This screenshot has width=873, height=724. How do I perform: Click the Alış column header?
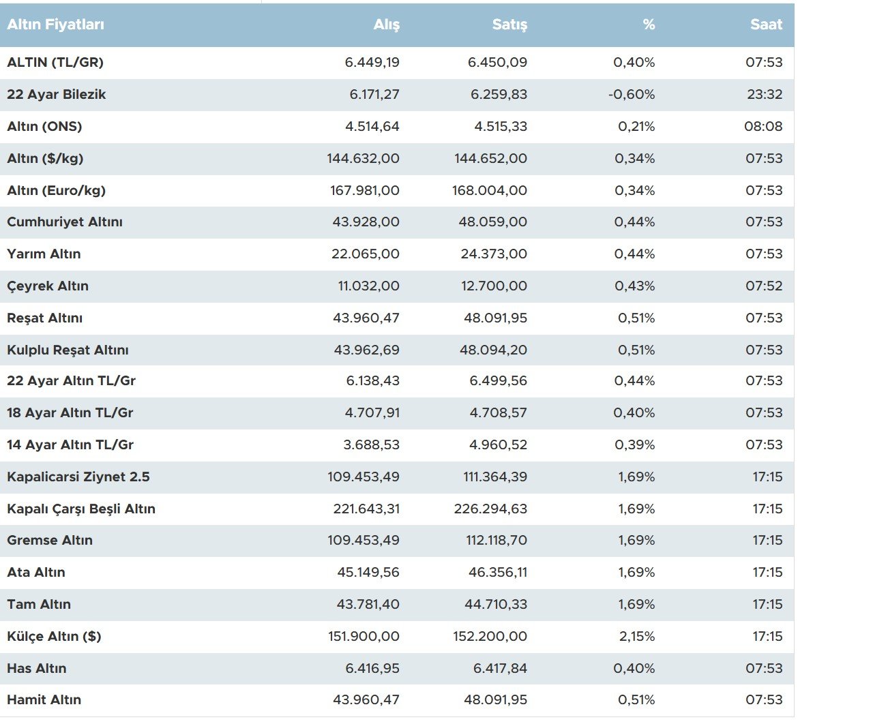386,25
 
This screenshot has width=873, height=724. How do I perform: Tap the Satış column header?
509,25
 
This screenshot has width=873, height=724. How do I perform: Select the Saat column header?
766,25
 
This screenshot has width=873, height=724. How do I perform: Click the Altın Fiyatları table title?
56,25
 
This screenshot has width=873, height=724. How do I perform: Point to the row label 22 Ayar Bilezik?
57,95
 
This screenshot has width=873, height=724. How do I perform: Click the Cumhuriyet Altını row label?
65,222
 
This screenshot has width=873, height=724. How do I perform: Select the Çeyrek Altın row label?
48,286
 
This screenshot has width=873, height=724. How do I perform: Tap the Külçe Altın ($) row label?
54,637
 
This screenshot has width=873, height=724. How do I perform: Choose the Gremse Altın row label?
50,541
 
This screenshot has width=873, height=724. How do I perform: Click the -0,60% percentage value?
632,95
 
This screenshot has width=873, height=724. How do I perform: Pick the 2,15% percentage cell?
636,637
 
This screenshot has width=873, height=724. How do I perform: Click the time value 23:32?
765,95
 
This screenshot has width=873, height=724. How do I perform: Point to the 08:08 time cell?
763,127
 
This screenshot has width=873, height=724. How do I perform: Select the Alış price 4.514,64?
372,127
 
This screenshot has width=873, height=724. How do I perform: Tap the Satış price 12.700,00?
494,286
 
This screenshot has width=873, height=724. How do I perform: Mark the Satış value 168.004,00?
489,191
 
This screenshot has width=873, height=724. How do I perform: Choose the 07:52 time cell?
764,286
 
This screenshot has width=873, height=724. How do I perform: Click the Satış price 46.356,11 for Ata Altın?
498,573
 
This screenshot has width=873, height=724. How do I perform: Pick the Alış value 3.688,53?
371,445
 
